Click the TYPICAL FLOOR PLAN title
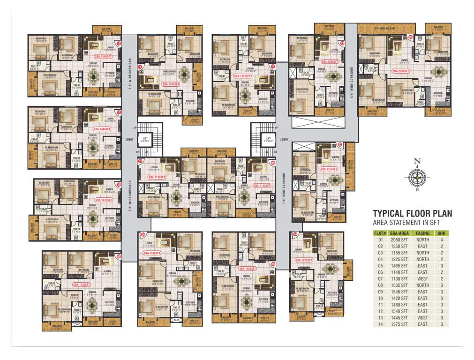pos(412,213)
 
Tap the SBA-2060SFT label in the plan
pos(401,71)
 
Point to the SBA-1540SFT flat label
pos(102,56)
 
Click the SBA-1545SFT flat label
pos(82,285)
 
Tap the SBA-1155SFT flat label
pos(329,169)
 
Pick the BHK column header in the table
pos(441,233)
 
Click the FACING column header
pos(422,233)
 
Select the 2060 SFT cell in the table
pos(400,240)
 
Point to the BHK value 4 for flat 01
pos(441,240)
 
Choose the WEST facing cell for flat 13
pos(422,317)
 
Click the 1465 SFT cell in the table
pos(400,265)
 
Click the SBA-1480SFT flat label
pos(102,128)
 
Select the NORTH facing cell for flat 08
pos(422,285)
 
